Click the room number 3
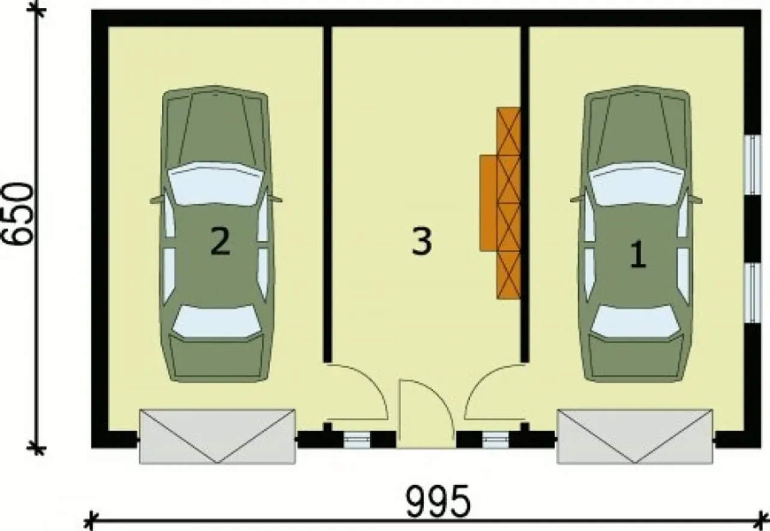click(x=422, y=242)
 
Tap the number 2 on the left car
click(x=220, y=242)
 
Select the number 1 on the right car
click(x=638, y=255)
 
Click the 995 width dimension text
click(x=438, y=501)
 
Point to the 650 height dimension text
click(x=18, y=214)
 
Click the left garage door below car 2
click(x=217, y=436)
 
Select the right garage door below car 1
click(x=635, y=436)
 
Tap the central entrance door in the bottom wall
click(x=427, y=414)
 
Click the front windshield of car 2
click(x=215, y=184)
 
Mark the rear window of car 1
click(x=635, y=321)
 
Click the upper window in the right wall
click(x=753, y=164)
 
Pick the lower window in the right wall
click(x=753, y=293)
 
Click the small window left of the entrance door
click(x=357, y=440)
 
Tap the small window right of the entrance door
click(x=495, y=440)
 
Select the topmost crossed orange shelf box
click(x=508, y=131)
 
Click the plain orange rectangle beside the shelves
click(x=488, y=203)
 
